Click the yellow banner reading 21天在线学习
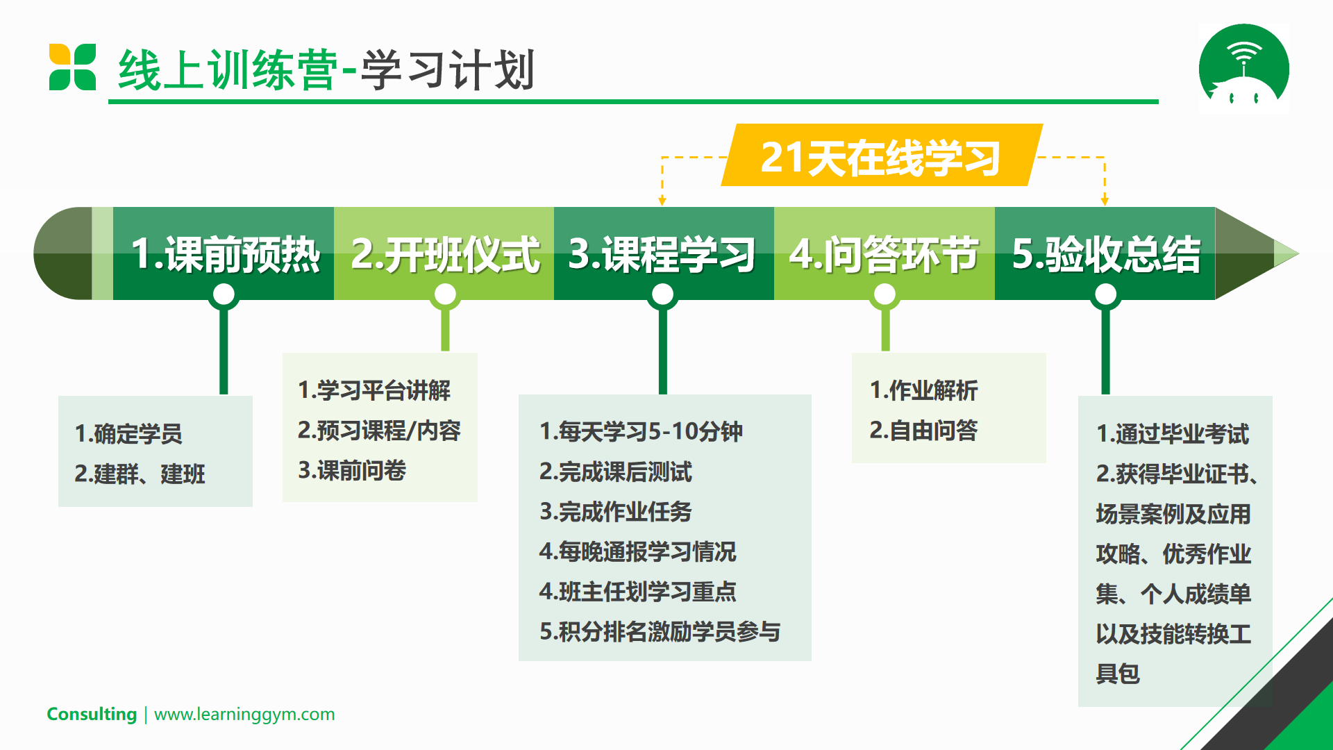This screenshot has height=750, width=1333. click(882, 156)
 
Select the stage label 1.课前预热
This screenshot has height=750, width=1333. click(226, 254)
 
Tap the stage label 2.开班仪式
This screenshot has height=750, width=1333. click(445, 254)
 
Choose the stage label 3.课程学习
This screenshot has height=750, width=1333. click(662, 254)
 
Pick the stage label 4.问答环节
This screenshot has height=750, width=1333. click(884, 254)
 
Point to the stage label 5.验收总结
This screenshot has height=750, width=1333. click(1106, 254)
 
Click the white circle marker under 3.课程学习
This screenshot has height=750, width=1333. click(663, 294)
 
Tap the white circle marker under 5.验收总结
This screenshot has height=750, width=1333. click(1106, 294)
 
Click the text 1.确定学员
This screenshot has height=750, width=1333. click(128, 434)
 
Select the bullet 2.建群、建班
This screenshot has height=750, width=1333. click(140, 474)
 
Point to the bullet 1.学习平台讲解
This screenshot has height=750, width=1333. click(374, 390)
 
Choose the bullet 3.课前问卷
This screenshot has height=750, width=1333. click(352, 471)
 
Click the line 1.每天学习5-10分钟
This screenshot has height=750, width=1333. click(642, 431)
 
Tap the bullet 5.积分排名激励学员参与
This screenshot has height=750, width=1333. click(660, 632)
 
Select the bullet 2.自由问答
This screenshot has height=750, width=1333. click(923, 431)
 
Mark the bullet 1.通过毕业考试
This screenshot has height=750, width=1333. click(1173, 434)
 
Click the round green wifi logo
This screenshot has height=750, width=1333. click(1244, 67)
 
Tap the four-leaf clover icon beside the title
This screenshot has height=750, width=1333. click(72, 67)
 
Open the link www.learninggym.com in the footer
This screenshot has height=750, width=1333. click(244, 715)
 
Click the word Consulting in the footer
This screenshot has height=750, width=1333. click(92, 714)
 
